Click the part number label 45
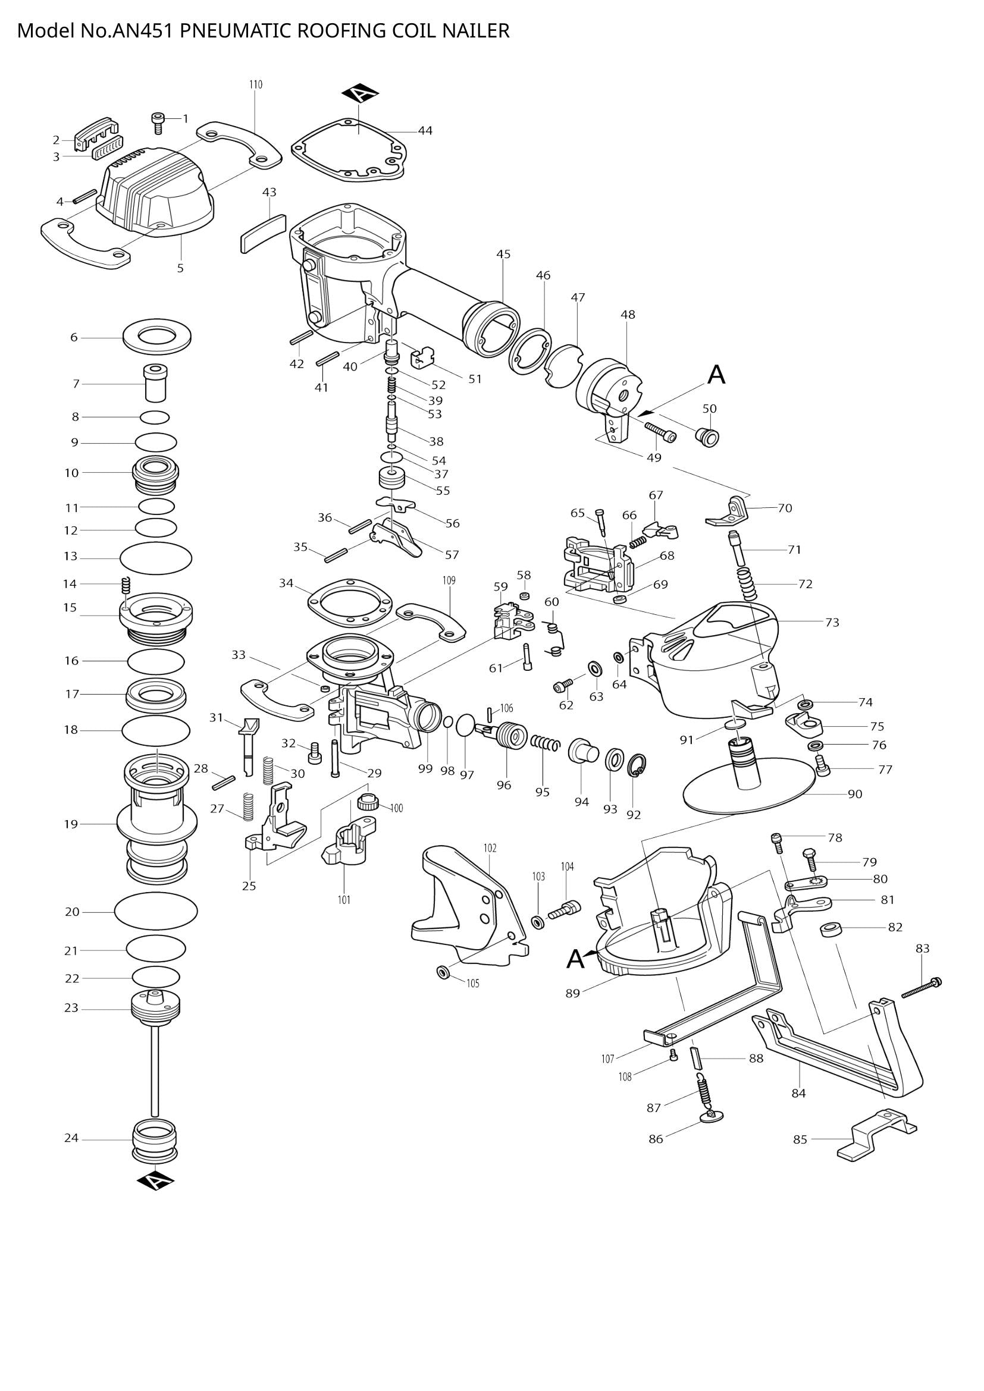503,255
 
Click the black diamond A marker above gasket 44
360,93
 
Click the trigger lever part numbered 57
397,536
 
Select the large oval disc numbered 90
747,794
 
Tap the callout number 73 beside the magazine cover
832,622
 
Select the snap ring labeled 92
637,765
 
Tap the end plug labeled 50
707,435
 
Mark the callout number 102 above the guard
490,849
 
